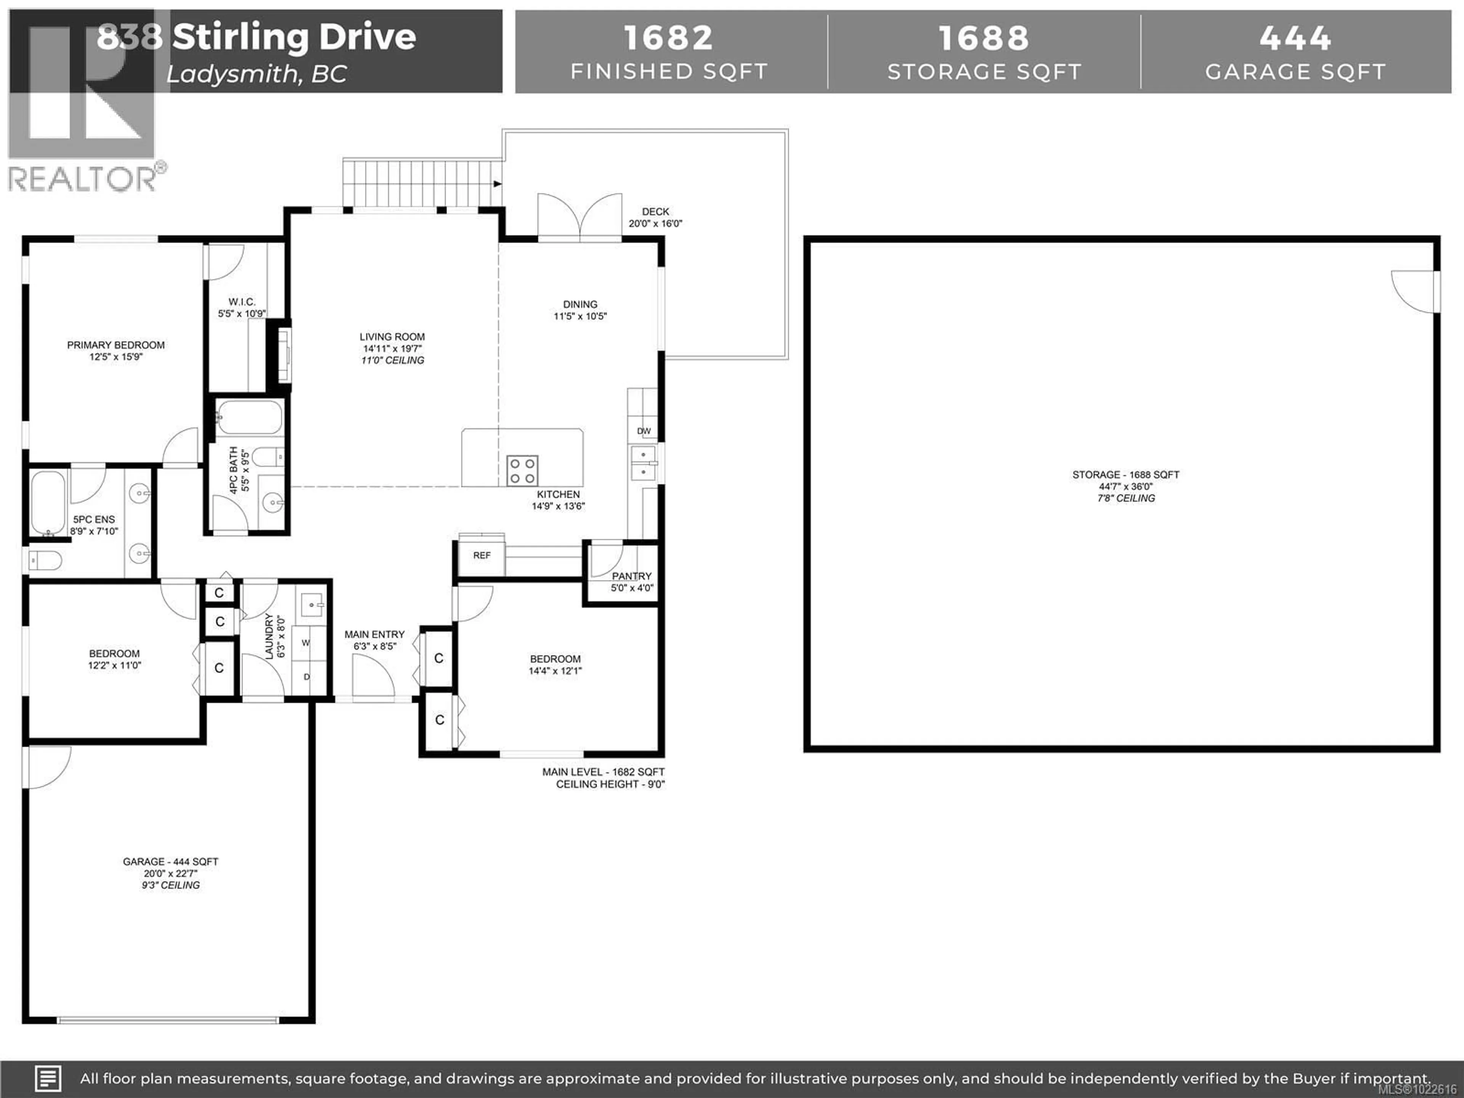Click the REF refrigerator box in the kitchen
tap(482, 556)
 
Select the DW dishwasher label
tap(643, 431)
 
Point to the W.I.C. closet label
tap(242, 302)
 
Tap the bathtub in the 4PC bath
tap(249, 417)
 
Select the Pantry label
tap(631, 576)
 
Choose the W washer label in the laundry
tap(306, 643)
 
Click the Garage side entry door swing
tap(48, 768)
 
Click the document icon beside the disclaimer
tap(48, 1078)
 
